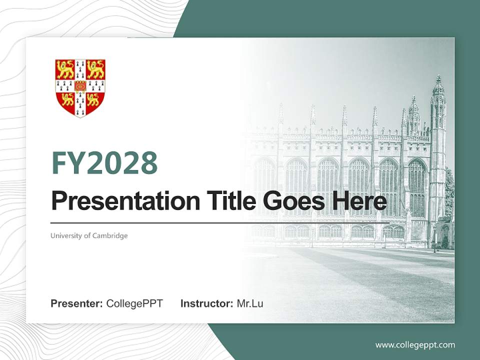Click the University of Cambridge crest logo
pyautogui.click(x=80, y=88)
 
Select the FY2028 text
pyautogui.click(x=104, y=163)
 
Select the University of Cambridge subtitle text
pyautogui.click(x=89, y=235)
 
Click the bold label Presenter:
pyautogui.click(x=77, y=303)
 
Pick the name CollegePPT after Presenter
pyautogui.click(x=134, y=303)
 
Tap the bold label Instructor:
pyautogui.click(x=206, y=303)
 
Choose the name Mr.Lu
pyautogui.click(x=250, y=303)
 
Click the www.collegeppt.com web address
pyautogui.click(x=415, y=344)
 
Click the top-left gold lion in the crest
pyautogui.click(x=65, y=69)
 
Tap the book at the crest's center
pyautogui.click(x=80, y=85)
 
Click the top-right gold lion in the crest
pyautogui.click(x=95, y=69)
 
